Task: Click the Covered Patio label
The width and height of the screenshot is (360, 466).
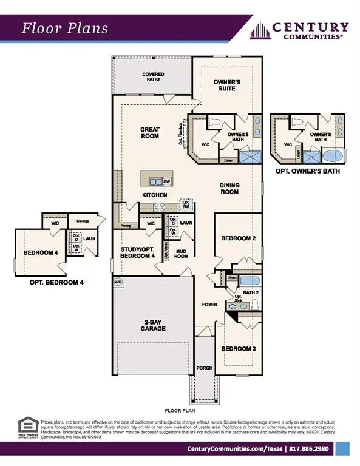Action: point(154,78)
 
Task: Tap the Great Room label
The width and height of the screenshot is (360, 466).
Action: point(149,132)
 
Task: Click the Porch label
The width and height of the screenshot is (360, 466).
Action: point(204,368)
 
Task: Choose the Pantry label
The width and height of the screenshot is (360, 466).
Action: point(126,226)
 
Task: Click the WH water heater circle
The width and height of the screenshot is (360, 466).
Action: point(118,282)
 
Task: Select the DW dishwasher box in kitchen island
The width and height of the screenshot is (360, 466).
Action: point(166,181)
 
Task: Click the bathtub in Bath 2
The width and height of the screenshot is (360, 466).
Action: point(249,281)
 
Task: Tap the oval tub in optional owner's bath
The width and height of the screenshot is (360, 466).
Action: point(333,155)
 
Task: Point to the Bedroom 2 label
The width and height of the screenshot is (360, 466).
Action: point(237,238)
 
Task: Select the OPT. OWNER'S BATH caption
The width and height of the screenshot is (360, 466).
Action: point(307,172)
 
